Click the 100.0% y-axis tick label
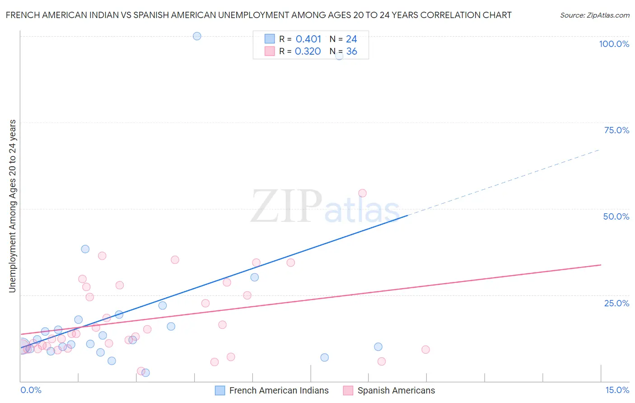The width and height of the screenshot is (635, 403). tap(614, 44)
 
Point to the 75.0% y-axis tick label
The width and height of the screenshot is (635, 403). tap(616, 130)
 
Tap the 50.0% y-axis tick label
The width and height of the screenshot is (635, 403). tap(616, 216)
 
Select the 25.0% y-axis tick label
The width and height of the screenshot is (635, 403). tap(616, 303)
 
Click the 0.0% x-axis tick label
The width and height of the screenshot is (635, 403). tap(31, 390)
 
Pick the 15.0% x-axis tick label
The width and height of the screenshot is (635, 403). tap(617, 390)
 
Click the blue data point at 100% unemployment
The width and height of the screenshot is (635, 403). tap(197, 36)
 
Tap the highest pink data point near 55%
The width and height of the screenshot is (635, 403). tap(362, 193)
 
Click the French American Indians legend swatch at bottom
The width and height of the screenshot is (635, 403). tap(220, 390)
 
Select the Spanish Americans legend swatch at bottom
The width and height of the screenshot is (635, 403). tap(348, 390)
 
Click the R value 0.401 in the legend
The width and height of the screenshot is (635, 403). tap(308, 39)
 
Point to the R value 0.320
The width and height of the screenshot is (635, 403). tap(308, 52)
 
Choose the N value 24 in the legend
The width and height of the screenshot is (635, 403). tap(351, 39)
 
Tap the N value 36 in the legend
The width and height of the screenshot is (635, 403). tap(351, 52)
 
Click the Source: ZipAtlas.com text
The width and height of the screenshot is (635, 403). tap(594, 15)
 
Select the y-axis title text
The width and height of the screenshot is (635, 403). tap(13, 206)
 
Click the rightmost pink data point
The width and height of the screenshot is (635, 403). tap(425, 349)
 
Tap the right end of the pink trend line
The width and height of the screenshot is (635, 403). tap(601, 265)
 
